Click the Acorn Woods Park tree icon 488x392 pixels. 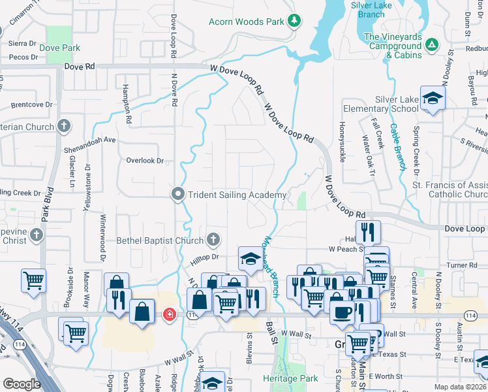(x=294, y=21)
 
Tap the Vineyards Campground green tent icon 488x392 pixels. (x=431, y=45)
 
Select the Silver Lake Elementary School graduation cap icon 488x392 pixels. (x=432, y=99)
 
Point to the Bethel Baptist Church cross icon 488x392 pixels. (x=213, y=240)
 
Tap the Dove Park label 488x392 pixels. (x=59, y=48)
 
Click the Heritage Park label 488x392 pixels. (x=290, y=378)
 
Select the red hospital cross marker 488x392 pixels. (x=170, y=315)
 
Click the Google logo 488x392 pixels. (x=21, y=384)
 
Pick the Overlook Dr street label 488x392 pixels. (x=144, y=160)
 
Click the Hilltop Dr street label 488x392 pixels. (x=204, y=257)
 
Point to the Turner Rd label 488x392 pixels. (x=463, y=265)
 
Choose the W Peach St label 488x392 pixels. (x=346, y=249)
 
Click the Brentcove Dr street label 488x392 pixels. (x=31, y=104)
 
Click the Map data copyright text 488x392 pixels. (x=461, y=387)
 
